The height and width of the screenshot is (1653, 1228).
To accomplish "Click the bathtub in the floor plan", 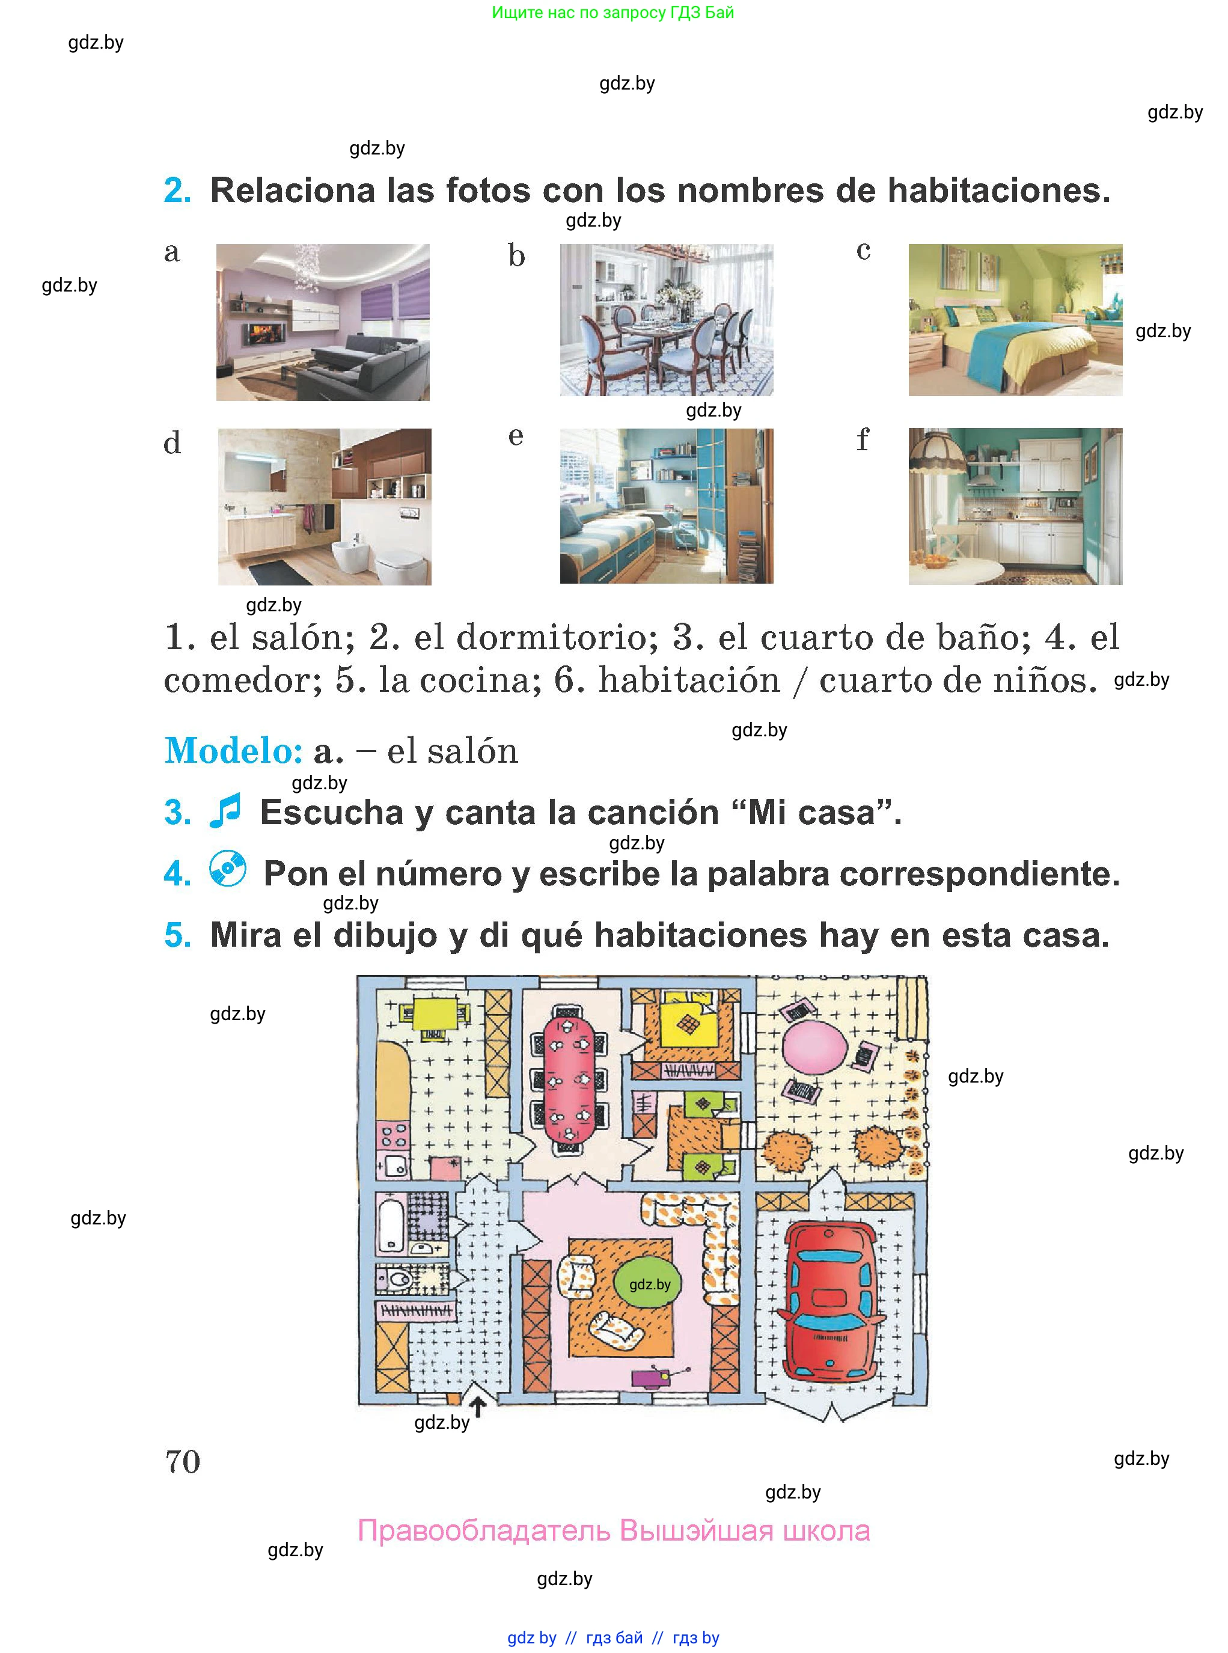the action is click(x=391, y=1224).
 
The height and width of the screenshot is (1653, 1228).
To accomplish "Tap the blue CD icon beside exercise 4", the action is click(x=227, y=868).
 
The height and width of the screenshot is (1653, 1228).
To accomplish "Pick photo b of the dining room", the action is click(x=666, y=320).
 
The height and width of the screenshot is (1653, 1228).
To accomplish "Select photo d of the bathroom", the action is click(x=324, y=506).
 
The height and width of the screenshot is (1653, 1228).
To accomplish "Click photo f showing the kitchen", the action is click(x=1015, y=506).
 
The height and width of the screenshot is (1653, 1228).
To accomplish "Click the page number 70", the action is click(x=183, y=1461).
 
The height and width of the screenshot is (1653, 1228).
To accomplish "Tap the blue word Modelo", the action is click(x=233, y=750).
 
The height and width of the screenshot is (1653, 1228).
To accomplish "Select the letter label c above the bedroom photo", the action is click(x=863, y=251).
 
